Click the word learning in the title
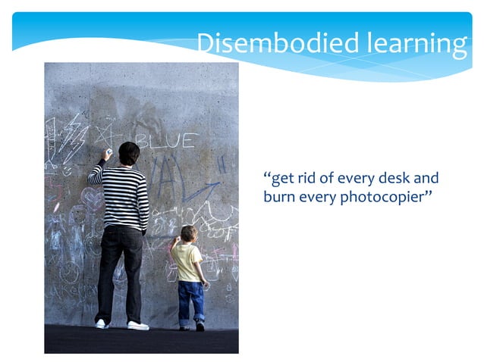coord(416,45)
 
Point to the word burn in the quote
coord(278,198)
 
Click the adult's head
coord(128,154)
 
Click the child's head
coord(188,233)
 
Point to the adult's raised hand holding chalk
coord(108,154)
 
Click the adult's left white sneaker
coord(101,323)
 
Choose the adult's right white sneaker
coord(138,325)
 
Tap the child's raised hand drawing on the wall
coord(176,242)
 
